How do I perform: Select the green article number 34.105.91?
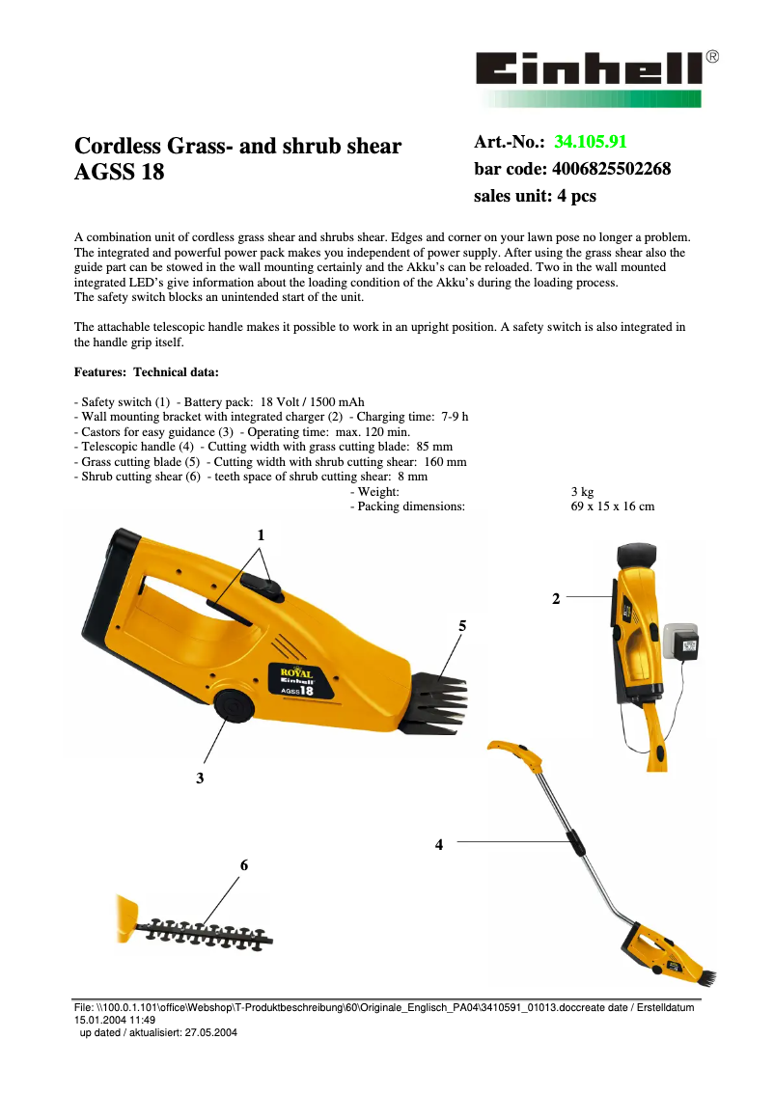pos(591,143)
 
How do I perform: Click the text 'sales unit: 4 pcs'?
pos(535,196)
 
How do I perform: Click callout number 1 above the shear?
pos(260,534)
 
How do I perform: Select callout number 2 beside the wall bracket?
pos(556,598)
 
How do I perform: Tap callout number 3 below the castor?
pos(200,778)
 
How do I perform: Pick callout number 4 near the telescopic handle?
pos(439,844)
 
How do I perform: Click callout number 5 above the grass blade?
pos(462,625)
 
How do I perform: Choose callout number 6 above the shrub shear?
pos(244,865)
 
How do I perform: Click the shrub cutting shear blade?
pos(207,931)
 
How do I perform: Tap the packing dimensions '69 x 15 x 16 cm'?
pos(613,506)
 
